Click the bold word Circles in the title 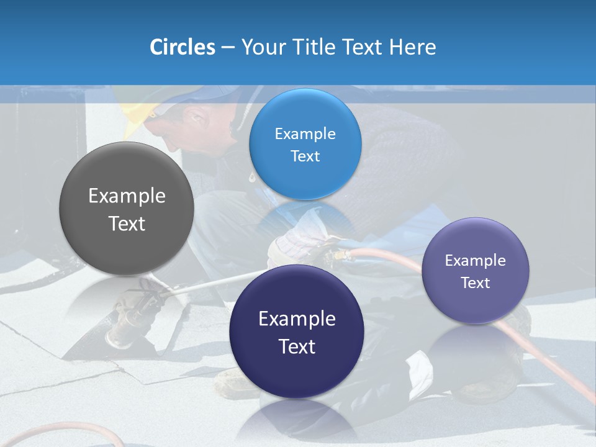[182, 47]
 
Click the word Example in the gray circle [127, 196]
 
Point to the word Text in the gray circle [127, 223]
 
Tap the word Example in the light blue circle [305, 134]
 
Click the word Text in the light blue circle [305, 156]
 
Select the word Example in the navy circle [297, 319]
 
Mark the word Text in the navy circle [297, 346]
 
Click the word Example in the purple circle [476, 261]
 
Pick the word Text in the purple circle [476, 283]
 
